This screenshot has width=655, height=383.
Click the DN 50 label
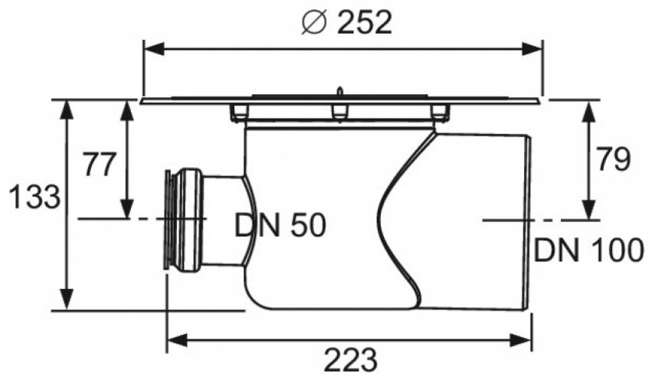(280, 225)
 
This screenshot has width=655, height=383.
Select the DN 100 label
(588, 250)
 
